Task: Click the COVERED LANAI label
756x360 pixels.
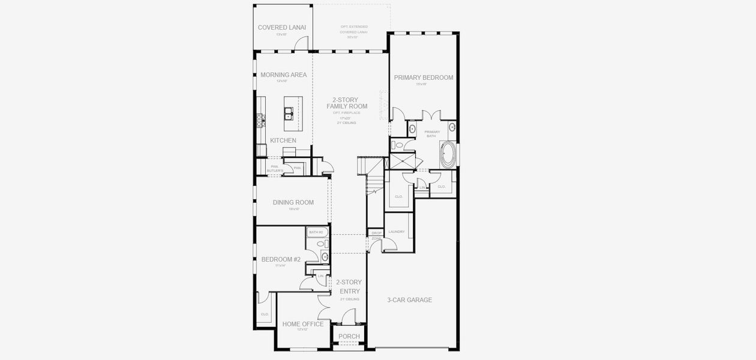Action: point(282,28)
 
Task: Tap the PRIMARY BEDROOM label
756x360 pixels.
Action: point(423,77)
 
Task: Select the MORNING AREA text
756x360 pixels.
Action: point(283,75)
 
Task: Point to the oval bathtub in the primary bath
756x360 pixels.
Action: point(447,155)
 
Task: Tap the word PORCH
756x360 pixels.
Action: point(349,337)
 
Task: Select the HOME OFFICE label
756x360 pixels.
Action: point(303,324)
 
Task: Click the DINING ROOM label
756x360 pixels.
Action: point(293,203)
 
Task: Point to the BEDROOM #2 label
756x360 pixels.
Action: point(281,260)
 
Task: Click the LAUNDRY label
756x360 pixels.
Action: point(397,232)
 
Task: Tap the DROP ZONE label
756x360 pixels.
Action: point(376,235)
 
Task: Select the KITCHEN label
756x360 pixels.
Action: point(283,140)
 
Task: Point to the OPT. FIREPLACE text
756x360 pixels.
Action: point(347,113)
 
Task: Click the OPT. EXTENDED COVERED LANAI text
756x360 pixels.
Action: point(354,32)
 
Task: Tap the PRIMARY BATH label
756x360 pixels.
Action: point(432,134)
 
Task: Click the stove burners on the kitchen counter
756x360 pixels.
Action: point(261,121)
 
